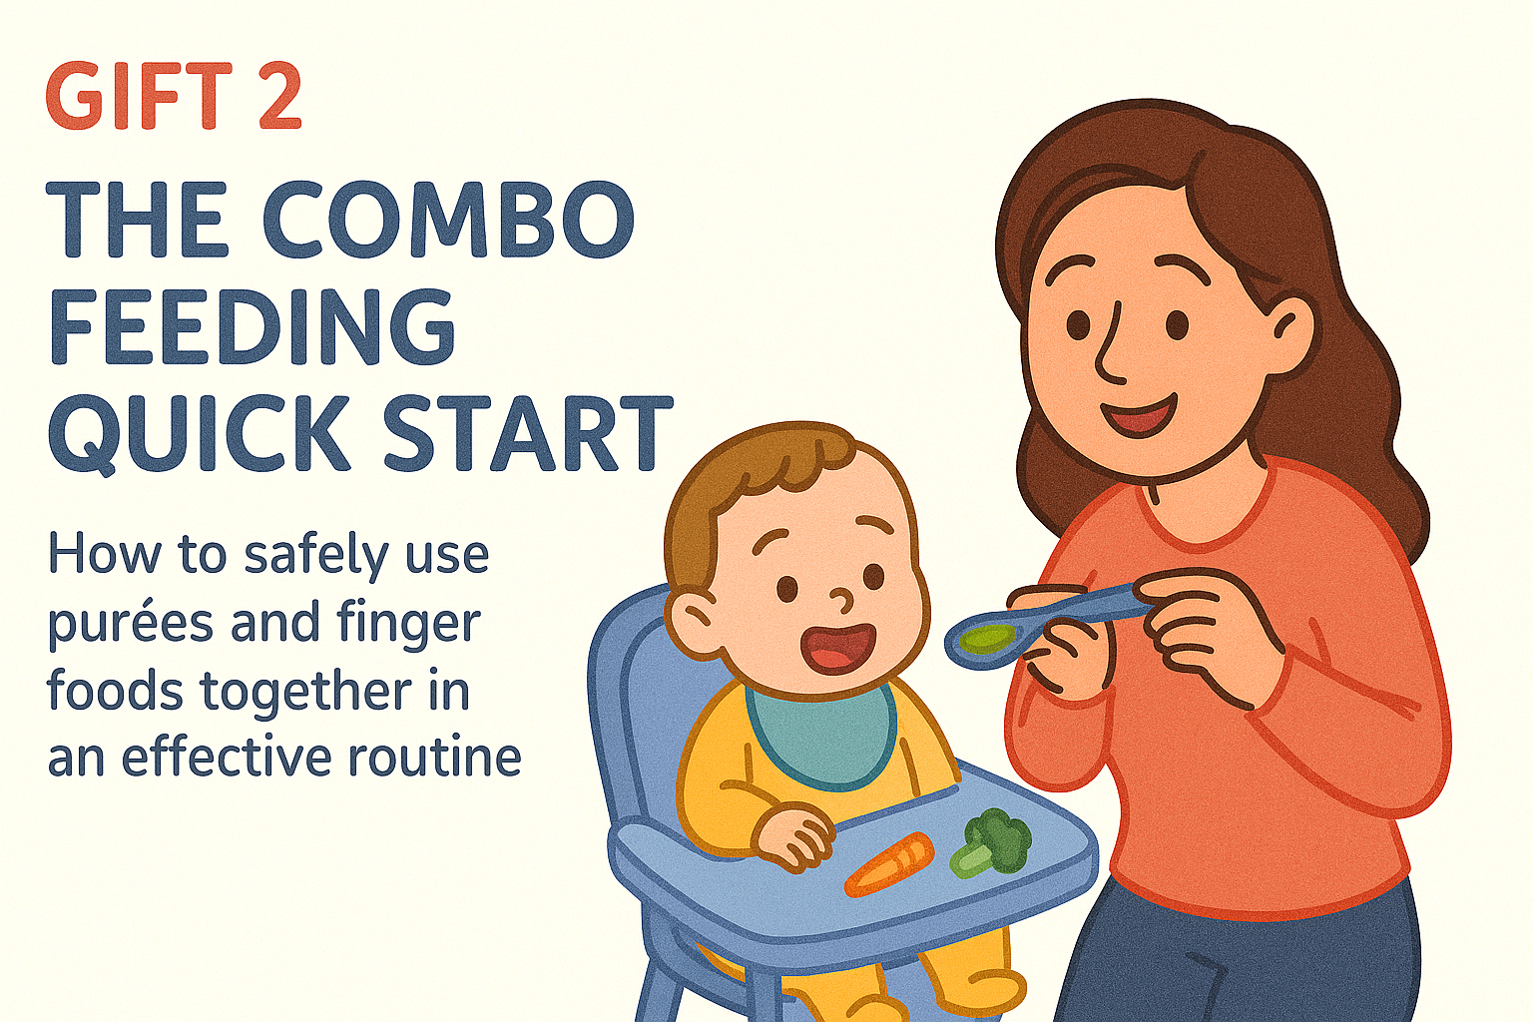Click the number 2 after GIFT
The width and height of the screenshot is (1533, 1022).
279,95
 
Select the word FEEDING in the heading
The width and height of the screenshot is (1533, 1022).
252,327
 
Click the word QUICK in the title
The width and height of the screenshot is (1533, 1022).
195,435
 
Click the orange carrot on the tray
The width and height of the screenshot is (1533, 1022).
889,864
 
